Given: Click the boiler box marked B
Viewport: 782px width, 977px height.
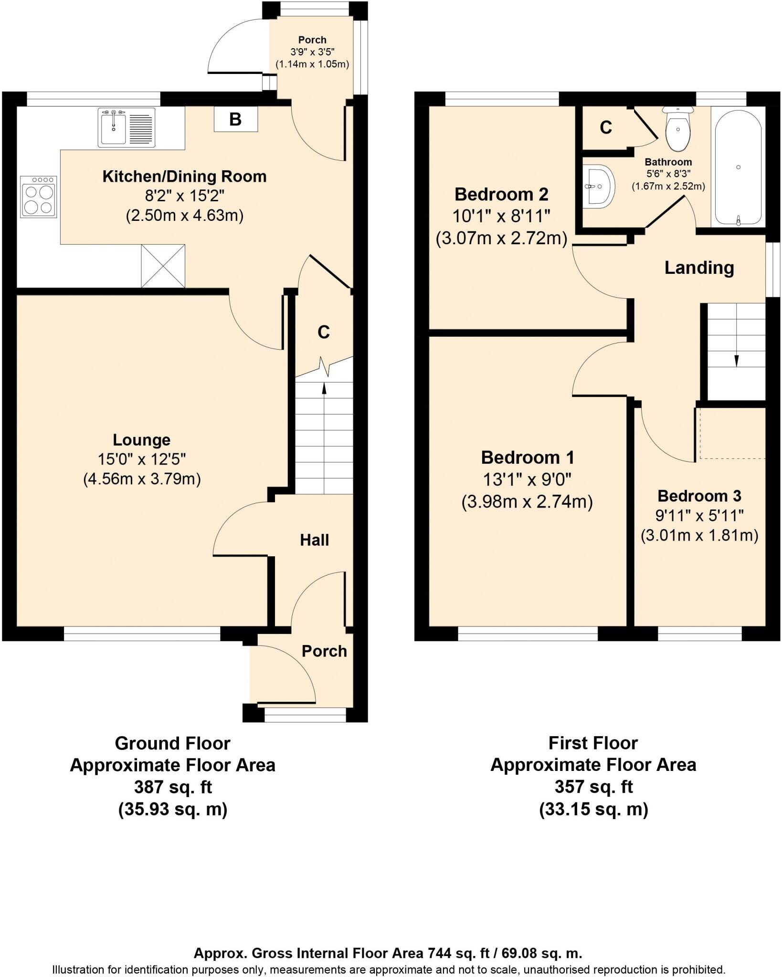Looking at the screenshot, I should [235, 119].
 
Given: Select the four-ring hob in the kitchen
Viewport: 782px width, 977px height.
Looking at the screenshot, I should [39, 197].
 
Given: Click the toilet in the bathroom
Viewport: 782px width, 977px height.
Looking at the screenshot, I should [677, 128].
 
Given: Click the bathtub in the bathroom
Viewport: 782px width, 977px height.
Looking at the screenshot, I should [738, 167].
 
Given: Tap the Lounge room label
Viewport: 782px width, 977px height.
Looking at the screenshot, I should [141, 439].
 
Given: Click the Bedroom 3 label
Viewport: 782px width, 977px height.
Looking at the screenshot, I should [699, 496].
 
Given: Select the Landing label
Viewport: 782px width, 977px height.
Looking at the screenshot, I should [699, 268].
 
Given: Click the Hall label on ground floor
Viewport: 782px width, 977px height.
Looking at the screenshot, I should [314, 540].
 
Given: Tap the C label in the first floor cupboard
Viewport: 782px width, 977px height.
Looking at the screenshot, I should [605, 127].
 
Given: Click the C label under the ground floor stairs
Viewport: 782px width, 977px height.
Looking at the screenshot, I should [324, 332].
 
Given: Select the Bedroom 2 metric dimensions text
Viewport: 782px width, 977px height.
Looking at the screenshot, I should [501, 238].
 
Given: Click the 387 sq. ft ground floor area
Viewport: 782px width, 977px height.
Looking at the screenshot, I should [173, 787].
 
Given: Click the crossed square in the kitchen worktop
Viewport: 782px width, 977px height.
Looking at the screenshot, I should [163, 266].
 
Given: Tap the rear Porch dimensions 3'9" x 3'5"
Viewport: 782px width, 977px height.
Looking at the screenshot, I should [312, 52].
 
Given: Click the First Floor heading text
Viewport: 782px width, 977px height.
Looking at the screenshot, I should [593, 743].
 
